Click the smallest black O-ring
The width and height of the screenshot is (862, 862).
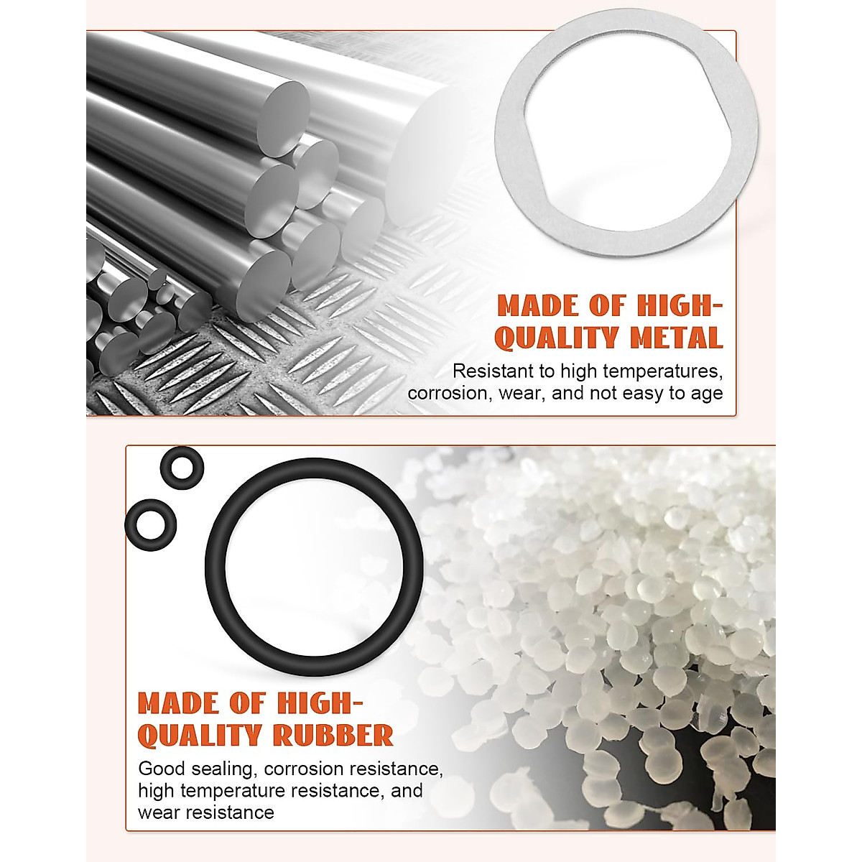click(182, 468)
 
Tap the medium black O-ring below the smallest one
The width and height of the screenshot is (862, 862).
click(149, 522)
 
